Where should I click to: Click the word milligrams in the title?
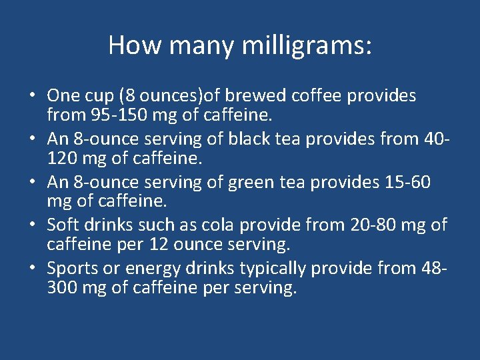coord(303,45)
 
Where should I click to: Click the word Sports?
coord(73,269)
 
